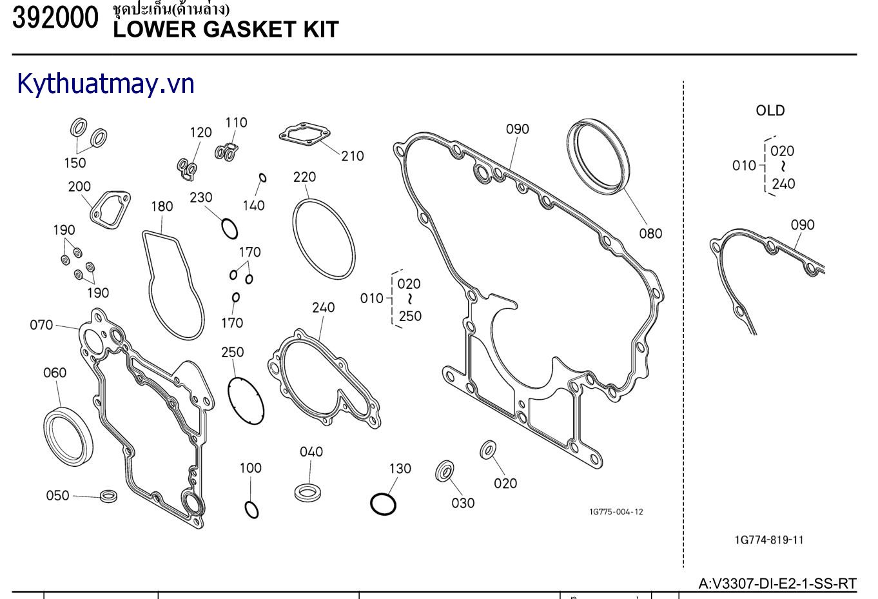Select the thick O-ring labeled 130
point(383,504)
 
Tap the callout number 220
point(304,177)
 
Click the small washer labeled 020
point(488,449)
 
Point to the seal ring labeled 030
point(445,471)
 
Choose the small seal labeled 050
point(108,496)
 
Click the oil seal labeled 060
point(68,435)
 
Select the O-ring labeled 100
point(251,509)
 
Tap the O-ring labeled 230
point(229,228)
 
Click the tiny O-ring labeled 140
point(262,178)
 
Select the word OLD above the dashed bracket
point(770,110)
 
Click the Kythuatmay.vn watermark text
point(106,84)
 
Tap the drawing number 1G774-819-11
point(769,540)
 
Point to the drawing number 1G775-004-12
point(616,512)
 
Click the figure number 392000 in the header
point(55,18)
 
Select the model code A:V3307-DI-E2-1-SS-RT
point(777,584)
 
